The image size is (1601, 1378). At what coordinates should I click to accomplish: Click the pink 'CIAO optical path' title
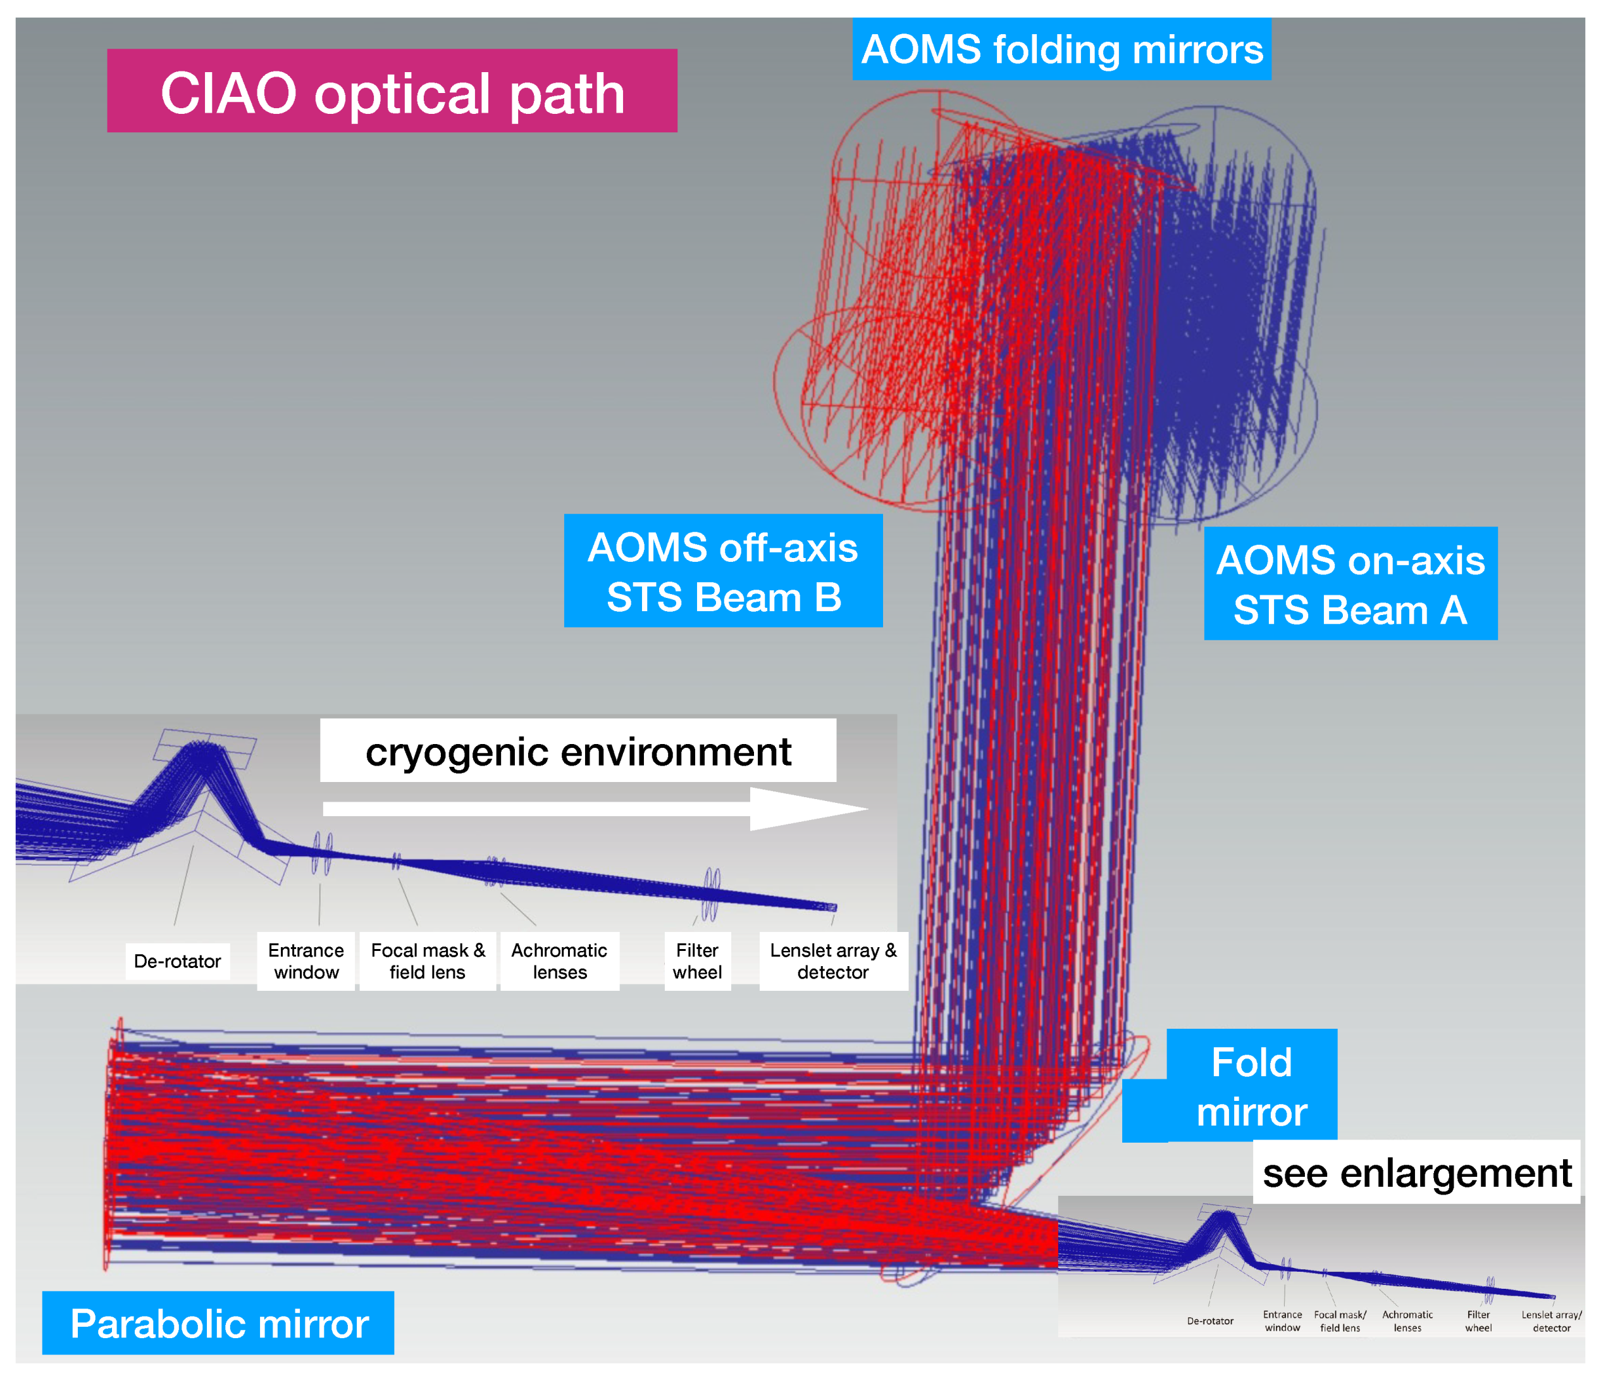pos(392,92)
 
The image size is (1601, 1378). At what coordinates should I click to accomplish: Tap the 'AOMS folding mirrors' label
pos(1061,49)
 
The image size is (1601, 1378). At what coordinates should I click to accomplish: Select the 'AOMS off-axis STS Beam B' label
pos(722,571)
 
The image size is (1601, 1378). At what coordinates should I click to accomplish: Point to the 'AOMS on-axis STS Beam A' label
pos(1350,583)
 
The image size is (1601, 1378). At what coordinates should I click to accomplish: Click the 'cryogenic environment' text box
pos(578,751)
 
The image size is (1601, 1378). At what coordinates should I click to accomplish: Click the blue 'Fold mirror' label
pos(1252,1086)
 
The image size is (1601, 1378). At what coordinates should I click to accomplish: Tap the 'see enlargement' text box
pos(1416,1172)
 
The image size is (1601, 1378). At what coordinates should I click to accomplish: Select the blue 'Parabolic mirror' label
pos(219,1323)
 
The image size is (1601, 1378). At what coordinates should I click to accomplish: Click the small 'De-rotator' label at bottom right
pos(1210,1321)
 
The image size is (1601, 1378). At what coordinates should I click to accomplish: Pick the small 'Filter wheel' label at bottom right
pos(1478,1321)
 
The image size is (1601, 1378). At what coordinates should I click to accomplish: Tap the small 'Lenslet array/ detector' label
pos(1551,1321)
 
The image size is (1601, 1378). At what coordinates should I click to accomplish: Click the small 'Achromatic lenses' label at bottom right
pos(1407,1321)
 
